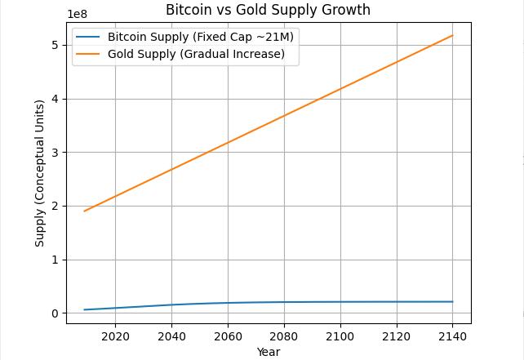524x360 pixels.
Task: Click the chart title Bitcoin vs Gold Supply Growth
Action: pos(268,11)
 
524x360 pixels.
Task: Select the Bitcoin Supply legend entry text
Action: pos(201,38)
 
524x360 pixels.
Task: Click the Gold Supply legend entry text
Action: pos(196,54)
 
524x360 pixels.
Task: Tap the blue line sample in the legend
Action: pos(89,38)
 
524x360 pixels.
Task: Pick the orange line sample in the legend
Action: pos(89,54)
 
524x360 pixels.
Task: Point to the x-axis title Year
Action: pos(268,352)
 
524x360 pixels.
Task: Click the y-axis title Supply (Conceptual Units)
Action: pos(40,173)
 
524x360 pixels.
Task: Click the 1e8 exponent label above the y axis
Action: pos(77,14)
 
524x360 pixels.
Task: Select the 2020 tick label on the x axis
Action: pos(115,336)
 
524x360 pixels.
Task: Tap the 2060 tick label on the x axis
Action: pos(228,336)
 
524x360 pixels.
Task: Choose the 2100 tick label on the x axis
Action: pos(340,336)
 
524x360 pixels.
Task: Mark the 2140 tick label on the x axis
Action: pos(452,336)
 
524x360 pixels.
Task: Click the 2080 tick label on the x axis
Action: pos(284,336)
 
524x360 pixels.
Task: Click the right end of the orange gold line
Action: pos(452,35)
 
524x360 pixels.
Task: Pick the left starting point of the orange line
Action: pos(84,211)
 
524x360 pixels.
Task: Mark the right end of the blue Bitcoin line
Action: pos(452,302)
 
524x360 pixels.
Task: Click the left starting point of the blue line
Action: pos(84,309)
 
